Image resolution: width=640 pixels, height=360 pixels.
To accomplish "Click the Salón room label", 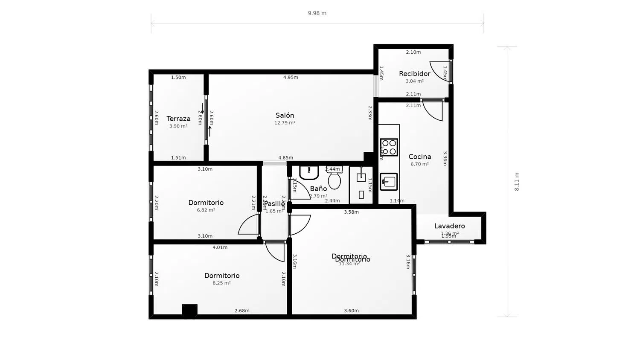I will click(x=285, y=115).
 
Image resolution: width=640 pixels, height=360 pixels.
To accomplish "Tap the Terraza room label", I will click(x=178, y=119).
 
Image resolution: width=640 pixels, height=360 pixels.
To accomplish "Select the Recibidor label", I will click(x=414, y=73).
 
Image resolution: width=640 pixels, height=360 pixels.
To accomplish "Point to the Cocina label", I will click(x=420, y=157).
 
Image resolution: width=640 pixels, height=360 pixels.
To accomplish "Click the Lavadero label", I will click(x=449, y=226).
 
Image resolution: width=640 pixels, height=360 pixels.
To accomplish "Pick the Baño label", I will click(x=318, y=189).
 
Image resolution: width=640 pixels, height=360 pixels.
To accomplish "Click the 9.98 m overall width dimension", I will click(x=317, y=13).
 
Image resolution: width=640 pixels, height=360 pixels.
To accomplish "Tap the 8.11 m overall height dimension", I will click(x=517, y=181).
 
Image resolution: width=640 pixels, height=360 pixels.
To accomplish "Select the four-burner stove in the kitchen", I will click(x=389, y=147).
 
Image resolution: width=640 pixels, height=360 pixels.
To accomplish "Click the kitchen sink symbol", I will click(x=388, y=182).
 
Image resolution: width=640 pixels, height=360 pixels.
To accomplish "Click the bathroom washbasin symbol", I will click(x=309, y=172).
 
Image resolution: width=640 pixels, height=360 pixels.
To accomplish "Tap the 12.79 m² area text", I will click(x=285, y=123).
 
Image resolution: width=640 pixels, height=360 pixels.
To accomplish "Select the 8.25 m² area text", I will click(x=221, y=283).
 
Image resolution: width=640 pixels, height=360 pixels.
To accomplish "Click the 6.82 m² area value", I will click(x=206, y=210).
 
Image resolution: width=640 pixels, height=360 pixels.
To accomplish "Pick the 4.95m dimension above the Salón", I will click(x=291, y=78).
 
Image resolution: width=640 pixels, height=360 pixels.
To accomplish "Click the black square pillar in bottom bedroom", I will click(x=189, y=311).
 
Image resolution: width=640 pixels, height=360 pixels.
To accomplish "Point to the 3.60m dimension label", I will click(x=351, y=311).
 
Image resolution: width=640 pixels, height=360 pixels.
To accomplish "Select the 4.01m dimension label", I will click(x=220, y=247).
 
